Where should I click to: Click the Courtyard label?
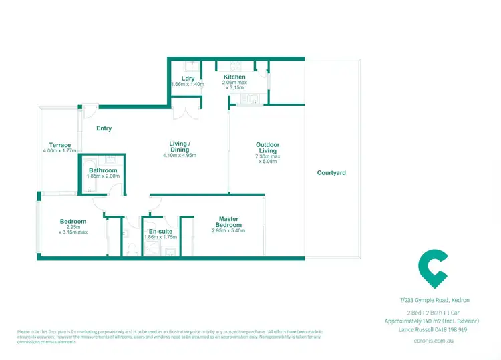click(331, 172)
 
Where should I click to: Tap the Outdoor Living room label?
click(267, 148)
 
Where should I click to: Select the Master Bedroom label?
click(228, 222)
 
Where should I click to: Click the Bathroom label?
click(103, 170)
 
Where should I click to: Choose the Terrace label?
click(60, 144)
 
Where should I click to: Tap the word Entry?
click(104, 128)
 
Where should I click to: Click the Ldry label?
click(187, 78)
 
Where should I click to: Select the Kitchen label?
click(234, 77)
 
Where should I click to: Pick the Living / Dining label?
click(180, 147)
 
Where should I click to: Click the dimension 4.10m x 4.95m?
click(180, 156)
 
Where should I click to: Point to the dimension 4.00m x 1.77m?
click(60, 151)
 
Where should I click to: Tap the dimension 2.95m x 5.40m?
click(228, 231)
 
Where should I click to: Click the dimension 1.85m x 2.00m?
click(103, 177)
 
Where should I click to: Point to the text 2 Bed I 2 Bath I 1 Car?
click(432, 312)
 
